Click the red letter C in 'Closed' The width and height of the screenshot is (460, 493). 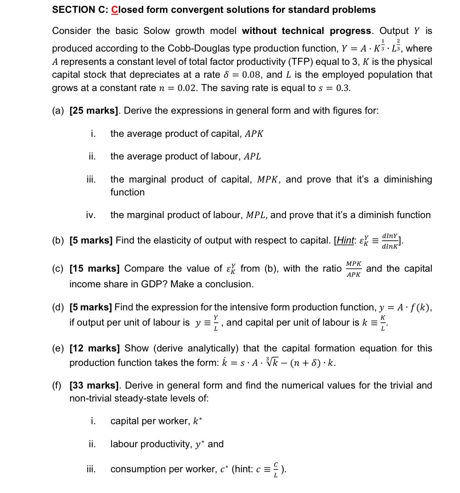115,10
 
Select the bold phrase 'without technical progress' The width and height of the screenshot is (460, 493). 307,31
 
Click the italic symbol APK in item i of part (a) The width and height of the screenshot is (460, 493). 254,134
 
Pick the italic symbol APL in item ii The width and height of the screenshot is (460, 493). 252,156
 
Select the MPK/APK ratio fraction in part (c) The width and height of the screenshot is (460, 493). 354,269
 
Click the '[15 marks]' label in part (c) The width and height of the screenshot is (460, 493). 94,269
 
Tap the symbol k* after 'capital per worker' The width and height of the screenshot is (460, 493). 198,421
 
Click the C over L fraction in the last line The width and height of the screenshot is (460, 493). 275,470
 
